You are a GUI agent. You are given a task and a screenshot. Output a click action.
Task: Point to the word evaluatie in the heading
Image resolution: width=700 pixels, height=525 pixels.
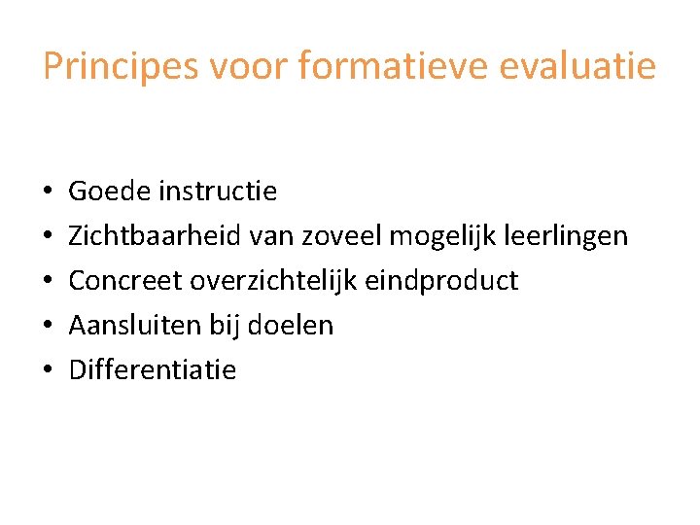pyautogui.click(x=584, y=67)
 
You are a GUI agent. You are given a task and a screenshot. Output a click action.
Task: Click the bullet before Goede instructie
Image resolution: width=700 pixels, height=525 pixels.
pyautogui.click(x=48, y=192)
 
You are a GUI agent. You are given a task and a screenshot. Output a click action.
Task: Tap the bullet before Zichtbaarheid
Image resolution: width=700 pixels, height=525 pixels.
pyautogui.click(x=48, y=237)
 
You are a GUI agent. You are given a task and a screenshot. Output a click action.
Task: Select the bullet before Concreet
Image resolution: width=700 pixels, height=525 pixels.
pyautogui.click(x=48, y=282)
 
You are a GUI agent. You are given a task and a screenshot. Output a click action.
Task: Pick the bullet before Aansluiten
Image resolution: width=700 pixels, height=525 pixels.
pyautogui.click(x=48, y=327)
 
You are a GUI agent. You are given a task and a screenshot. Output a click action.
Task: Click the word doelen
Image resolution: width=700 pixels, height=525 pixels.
pyautogui.click(x=291, y=326)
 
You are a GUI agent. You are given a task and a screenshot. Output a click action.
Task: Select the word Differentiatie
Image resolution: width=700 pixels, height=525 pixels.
pyautogui.click(x=153, y=370)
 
